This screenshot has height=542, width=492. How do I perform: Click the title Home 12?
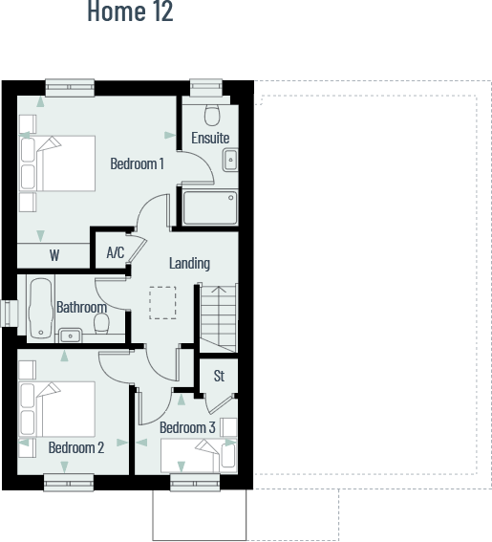pyautogui.click(x=130, y=12)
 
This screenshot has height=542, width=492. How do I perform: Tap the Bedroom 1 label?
pyautogui.click(x=137, y=163)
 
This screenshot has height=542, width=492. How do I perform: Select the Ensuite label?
pyautogui.click(x=210, y=138)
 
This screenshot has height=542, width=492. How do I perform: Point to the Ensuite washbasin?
pyautogui.click(x=229, y=161)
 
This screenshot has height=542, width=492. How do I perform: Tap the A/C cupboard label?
pyautogui.click(x=116, y=253)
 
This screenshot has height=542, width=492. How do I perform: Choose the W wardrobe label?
pyautogui.click(x=54, y=255)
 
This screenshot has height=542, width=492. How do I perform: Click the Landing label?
pyautogui.click(x=189, y=263)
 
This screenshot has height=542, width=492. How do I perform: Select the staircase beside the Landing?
pyautogui.click(x=218, y=315)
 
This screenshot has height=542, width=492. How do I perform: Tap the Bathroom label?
pyautogui.click(x=81, y=308)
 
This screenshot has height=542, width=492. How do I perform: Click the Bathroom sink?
pyautogui.click(x=71, y=335)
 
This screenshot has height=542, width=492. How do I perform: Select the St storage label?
pyautogui.click(x=219, y=376)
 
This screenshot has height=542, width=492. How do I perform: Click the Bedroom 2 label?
pyautogui.click(x=76, y=447)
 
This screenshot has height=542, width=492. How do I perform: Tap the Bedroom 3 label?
pyautogui.click(x=187, y=427)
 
